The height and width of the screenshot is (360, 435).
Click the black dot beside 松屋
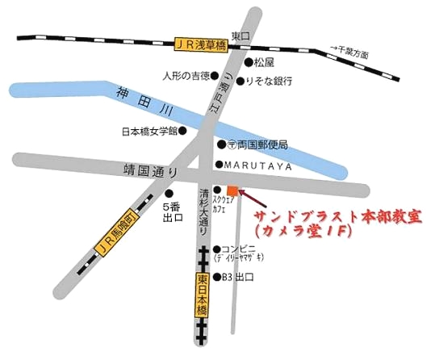point(249,62)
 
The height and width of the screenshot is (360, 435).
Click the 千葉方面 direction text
point(353,52)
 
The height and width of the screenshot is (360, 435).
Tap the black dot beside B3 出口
point(216,278)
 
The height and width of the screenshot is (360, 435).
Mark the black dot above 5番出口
point(169,193)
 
